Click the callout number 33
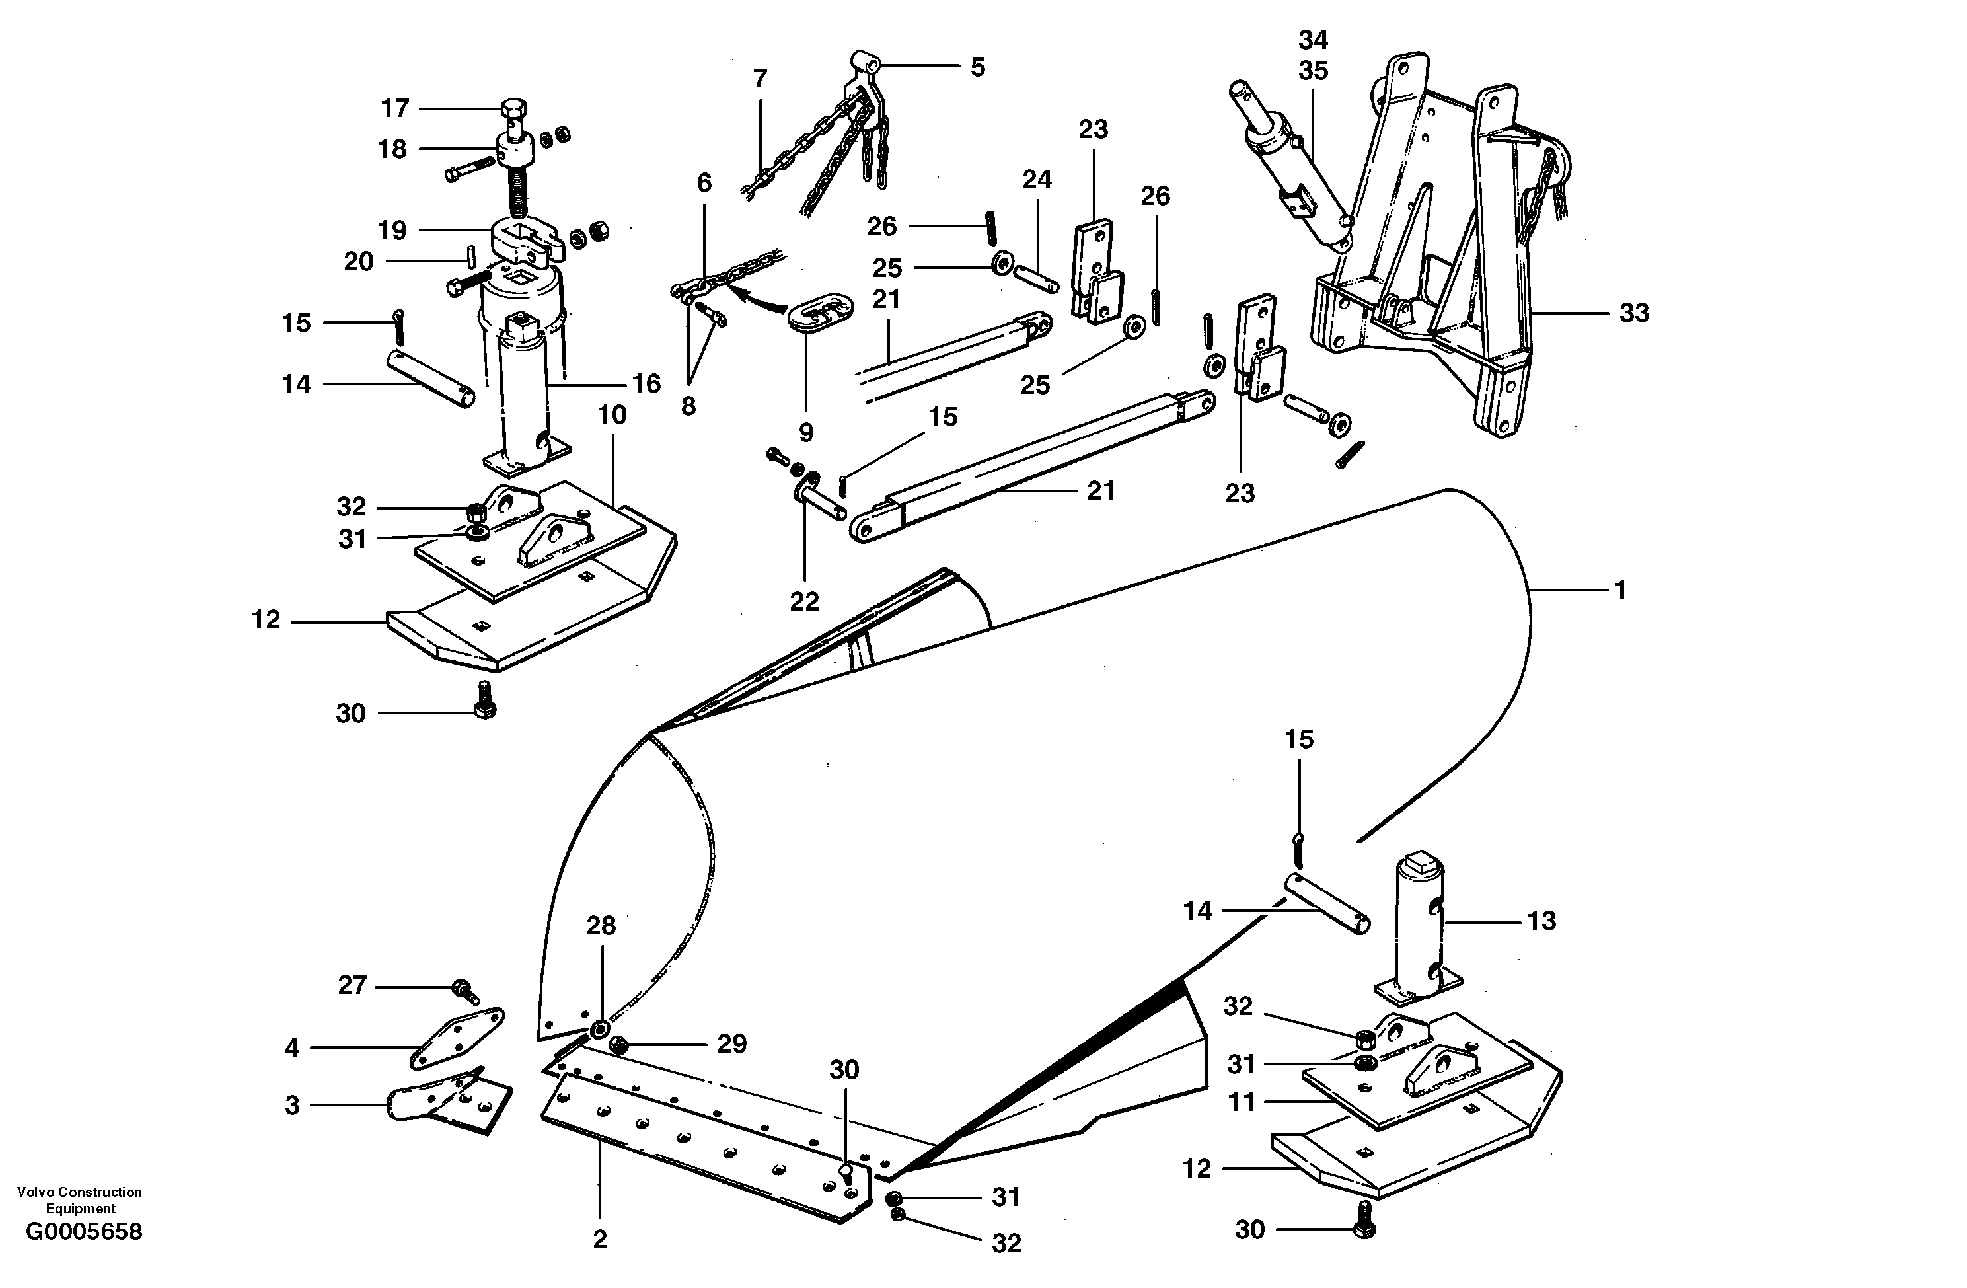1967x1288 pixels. point(1633,313)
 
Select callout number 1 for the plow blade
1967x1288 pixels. point(1621,590)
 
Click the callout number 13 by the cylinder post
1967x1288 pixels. point(1541,921)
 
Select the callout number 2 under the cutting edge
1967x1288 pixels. point(600,1239)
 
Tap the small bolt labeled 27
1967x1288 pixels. point(463,987)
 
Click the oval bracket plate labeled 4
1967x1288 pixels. point(457,1038)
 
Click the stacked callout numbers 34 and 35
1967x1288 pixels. point(1312,56)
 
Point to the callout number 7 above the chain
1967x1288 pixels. point(760,79)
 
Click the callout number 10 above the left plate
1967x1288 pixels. point(612,415)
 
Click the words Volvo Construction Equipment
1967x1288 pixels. point(79,1199)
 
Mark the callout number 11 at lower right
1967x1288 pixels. point(1242,1102)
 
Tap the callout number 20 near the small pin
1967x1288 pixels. point(359,262)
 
